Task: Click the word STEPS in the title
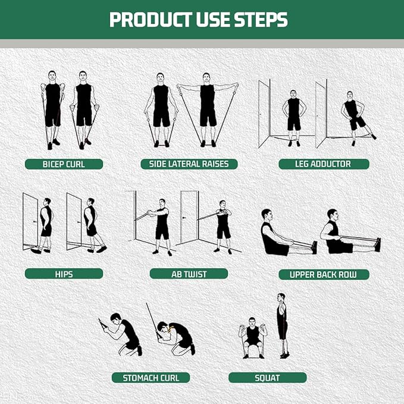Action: click(x=257, y=20)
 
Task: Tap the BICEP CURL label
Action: click(x=64, y=164)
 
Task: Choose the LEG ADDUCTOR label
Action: click(x=324, y=164)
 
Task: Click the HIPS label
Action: click(x=64, y=274)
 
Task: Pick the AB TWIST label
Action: click(x=189, y=274)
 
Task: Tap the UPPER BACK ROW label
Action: click(x=324, y=274)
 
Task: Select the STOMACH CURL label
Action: click(x=151, y=377)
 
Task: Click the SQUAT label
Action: click(x=267, y=377)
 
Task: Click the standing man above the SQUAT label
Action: click(x=282, y=326)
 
